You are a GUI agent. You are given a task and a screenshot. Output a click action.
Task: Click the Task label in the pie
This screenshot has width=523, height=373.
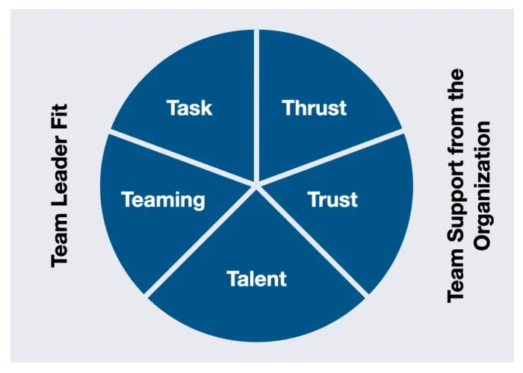pos(190,107)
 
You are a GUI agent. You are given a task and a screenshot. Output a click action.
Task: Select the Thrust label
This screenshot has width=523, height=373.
pos(315,107)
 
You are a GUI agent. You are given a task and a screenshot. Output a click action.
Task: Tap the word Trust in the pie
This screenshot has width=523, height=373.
pos(333,199)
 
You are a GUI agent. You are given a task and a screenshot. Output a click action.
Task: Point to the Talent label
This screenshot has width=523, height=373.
pos(256,279)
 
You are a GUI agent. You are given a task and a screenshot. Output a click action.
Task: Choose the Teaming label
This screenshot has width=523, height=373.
pos(163,199)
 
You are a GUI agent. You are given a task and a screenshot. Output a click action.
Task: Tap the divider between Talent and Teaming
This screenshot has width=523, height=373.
pos(202,239)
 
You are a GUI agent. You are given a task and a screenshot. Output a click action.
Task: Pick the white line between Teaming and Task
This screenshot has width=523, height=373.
pos(179,157)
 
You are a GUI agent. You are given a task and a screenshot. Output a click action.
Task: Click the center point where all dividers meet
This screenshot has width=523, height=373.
pos(256,182)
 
